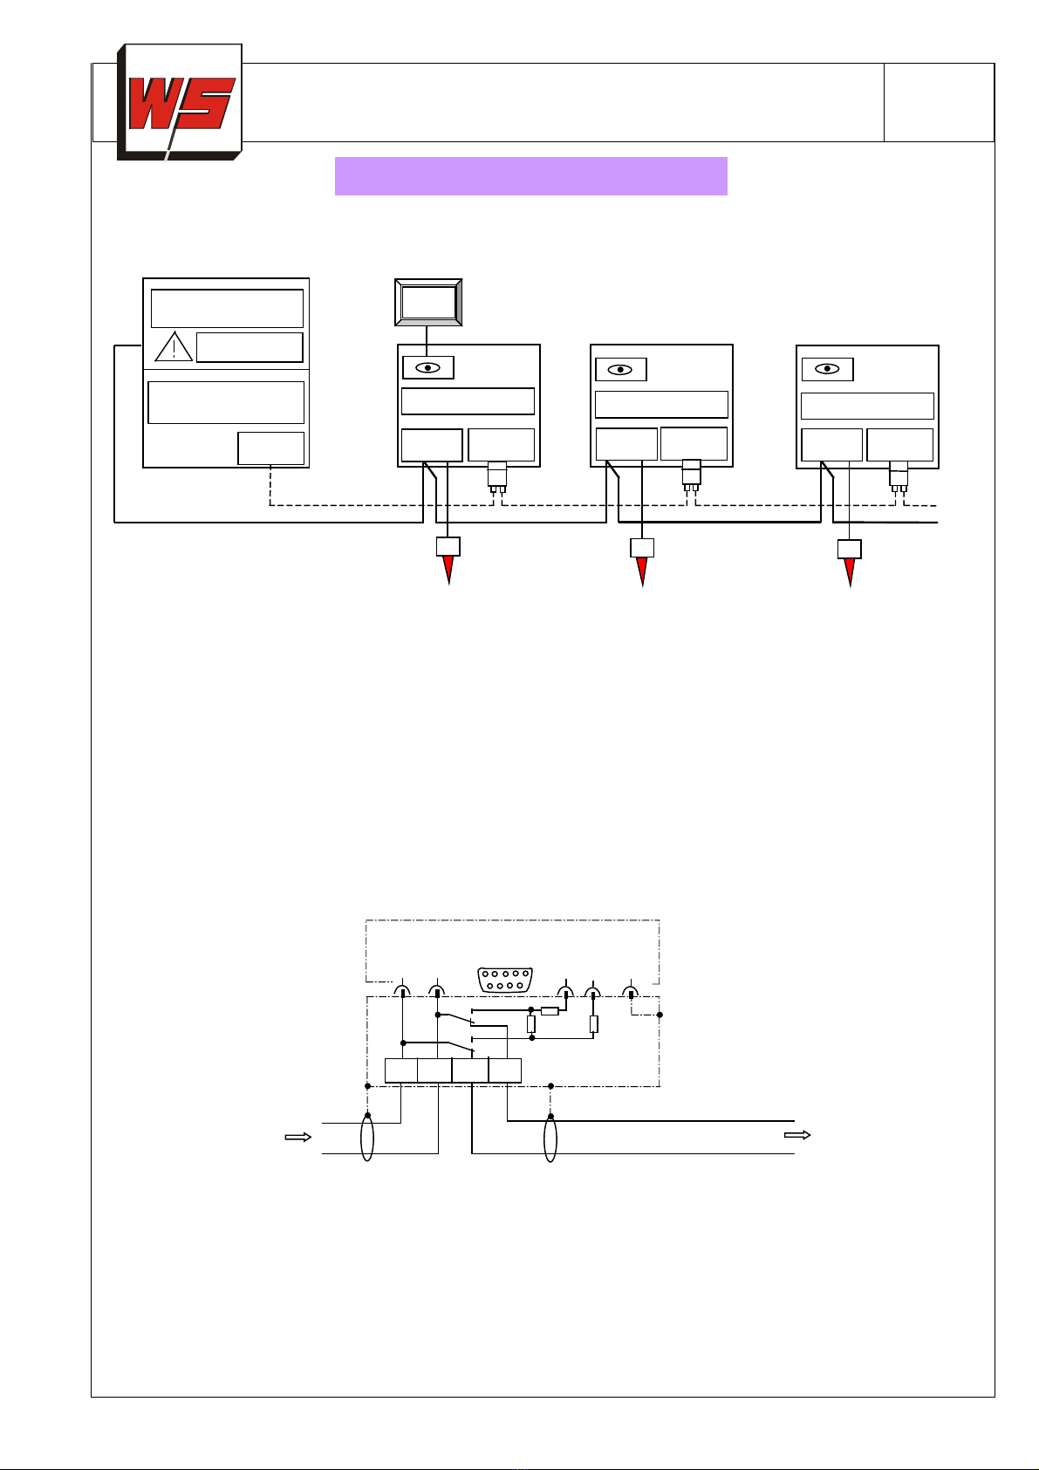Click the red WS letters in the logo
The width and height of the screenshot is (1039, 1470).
point(181,103)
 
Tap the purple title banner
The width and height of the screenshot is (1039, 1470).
point(531,176)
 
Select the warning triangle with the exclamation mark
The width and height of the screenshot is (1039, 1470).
point(174,346)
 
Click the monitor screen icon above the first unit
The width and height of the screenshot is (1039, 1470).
point(428,303)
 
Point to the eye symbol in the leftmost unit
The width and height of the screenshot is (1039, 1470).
point(428,367)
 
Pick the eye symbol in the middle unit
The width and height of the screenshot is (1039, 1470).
point(620,370)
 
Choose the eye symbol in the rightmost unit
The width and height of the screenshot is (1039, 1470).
point(827,369)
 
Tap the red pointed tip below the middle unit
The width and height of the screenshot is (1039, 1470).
point(642,571)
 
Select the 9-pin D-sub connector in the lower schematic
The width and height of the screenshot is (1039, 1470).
point(505,980)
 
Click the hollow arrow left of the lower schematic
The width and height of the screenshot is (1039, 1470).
point(298,1138)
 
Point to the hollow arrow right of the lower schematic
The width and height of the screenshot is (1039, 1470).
point(797,1135)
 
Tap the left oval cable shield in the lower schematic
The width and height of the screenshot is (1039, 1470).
point(367,1138)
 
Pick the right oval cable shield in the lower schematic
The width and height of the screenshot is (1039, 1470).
point(550,1138)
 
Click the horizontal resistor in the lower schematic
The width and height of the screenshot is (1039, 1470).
point(550,1011)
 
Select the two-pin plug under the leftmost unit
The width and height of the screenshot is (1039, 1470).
point(497,477)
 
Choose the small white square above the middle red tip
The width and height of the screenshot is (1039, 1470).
point(642,548)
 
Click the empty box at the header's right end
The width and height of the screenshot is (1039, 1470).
point(940,102)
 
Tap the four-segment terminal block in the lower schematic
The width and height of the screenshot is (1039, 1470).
point(453,1070)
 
